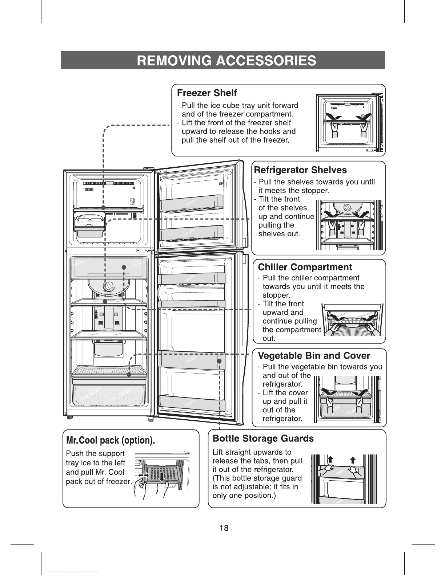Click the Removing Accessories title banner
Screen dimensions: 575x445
tap(222, 60)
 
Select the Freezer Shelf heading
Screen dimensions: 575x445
tap(207, 93)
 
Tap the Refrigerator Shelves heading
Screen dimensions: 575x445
tap(300, 170)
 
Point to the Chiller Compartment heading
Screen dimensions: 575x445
tap(305, 267)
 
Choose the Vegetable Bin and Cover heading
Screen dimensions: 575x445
tap(314, 356)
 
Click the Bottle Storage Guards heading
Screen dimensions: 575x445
tap(263, 439)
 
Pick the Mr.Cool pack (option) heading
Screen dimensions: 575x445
tap(111, 441)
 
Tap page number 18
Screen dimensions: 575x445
tap(224, 528)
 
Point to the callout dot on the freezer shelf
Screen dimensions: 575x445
tap(104, 207)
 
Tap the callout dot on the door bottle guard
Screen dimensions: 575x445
tap(220, 361)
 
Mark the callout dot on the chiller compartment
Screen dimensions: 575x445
tap(124, 268)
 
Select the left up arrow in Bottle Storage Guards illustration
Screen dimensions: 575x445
tap(331, 459)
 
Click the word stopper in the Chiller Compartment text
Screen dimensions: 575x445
tap(276, 295)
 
